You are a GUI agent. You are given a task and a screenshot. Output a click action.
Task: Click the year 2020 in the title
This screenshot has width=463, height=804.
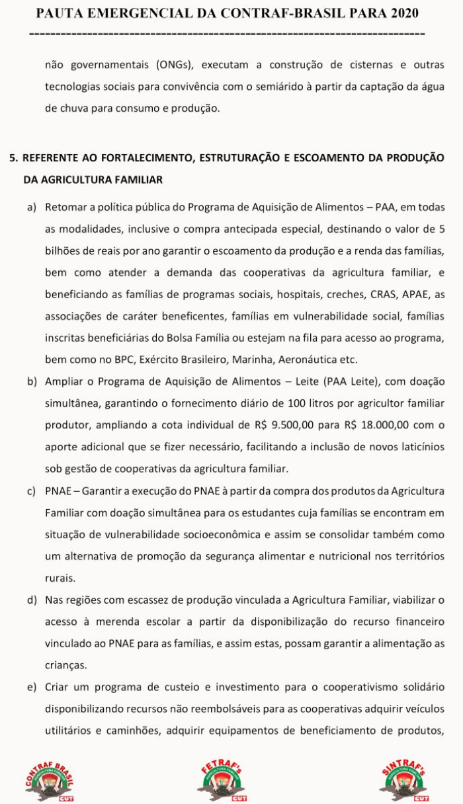click(x=401, y=13)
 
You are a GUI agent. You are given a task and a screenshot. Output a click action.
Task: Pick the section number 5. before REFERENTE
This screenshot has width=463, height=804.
click(x=13, y=157)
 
